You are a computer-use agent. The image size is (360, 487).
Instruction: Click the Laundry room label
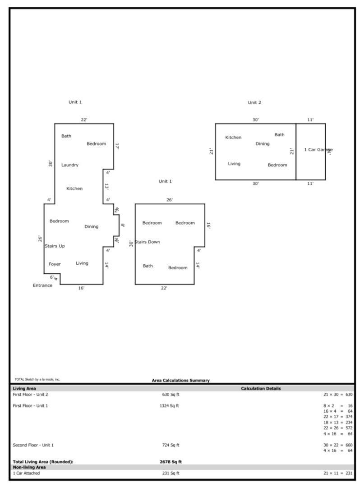[70, 165]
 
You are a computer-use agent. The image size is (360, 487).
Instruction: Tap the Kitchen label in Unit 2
[233, 138]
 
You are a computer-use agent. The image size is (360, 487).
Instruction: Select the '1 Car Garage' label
[318, 150]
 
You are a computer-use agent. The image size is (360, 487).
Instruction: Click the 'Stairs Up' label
[55, 246]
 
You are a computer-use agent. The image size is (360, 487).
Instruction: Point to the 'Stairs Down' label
[147, 242]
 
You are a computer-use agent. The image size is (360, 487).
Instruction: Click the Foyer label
[55, 264]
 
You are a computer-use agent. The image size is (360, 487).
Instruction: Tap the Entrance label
[42, 285]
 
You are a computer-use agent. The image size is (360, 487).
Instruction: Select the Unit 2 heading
[254, 103]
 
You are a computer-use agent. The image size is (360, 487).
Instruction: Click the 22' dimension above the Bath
[84, 119]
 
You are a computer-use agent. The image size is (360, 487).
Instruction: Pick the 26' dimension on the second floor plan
[170, 200]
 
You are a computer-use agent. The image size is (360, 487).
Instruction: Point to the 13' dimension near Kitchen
[107, 186]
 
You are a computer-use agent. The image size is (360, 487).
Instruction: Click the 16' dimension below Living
[81, 288]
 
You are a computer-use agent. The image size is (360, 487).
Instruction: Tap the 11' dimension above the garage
[310, 120]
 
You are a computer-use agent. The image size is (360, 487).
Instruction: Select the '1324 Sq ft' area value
[169, 406]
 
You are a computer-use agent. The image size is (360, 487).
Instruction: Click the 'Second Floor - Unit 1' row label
[33, 445]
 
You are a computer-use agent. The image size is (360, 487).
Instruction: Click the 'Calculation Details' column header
[261, 388]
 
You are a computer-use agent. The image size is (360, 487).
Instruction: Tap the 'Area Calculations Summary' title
[180, 381]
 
